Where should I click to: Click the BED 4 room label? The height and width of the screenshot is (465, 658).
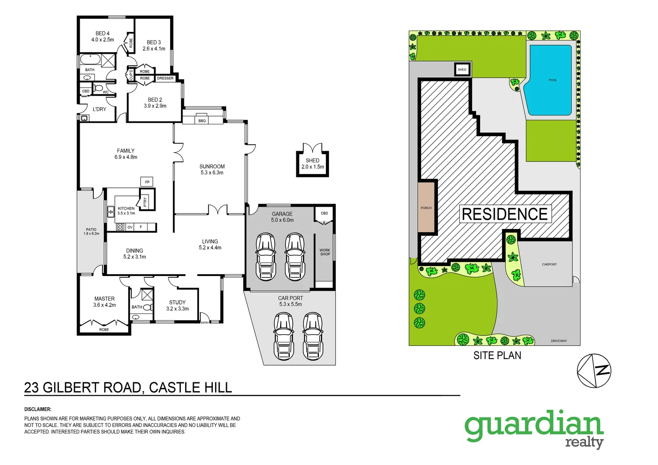pos(102,34)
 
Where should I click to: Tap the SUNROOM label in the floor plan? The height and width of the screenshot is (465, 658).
pos(212,167)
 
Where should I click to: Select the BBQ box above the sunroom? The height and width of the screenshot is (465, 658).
pos(202,121)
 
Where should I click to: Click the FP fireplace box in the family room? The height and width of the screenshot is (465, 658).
pos(147,182)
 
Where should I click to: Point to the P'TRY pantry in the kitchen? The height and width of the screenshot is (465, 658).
pos(146,201)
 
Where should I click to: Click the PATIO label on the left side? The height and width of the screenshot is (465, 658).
pos(91,230)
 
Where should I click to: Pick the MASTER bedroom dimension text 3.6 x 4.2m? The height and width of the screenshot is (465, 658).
pos(105,305)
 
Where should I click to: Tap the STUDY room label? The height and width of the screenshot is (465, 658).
pos(177,302)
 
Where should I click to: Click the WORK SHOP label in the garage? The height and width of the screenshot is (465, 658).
pos(325,252)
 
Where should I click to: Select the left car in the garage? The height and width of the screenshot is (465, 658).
pos(265,257)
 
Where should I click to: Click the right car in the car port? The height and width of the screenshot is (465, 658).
pos(313,336)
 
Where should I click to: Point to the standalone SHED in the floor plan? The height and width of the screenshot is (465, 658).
pos(313,164)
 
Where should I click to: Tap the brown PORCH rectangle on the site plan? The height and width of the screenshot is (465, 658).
pos(426,208)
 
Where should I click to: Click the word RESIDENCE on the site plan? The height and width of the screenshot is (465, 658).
pos(505,214)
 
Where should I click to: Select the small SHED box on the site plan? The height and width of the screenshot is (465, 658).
pos(462,69)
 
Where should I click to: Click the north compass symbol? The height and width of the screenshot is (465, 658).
pos(594,370)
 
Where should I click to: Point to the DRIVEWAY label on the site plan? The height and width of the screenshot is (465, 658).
pos(559,341)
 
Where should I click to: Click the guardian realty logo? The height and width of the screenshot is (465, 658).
pos(534,428)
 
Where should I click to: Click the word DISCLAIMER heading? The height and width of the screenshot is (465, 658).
pos(38,409)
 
